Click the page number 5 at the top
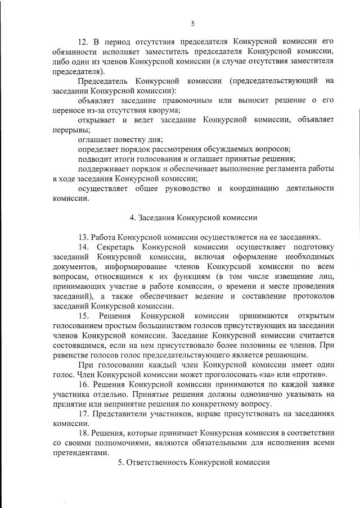point(192,24)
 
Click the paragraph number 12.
point(83,42)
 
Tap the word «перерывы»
point(70,129)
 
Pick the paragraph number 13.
point(83,237)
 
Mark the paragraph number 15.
point(84,316)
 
